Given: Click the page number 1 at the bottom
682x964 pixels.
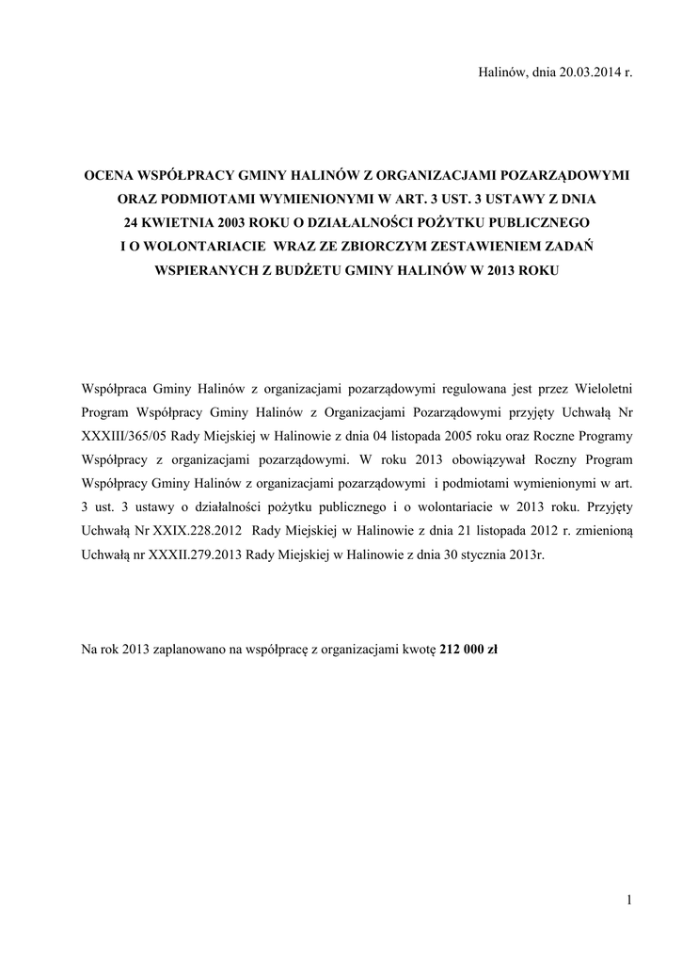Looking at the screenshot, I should [626, 902].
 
